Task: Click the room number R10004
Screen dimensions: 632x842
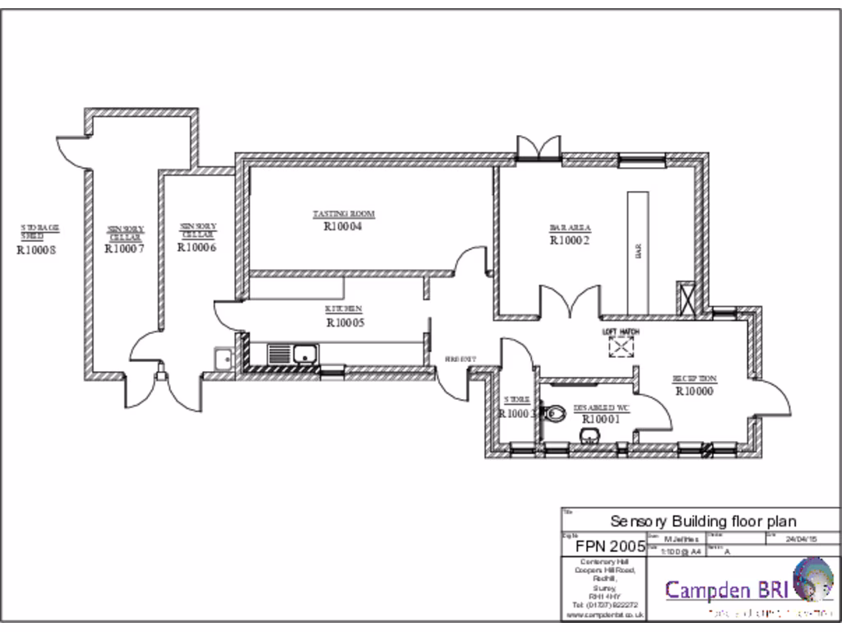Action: (x=343, y=226)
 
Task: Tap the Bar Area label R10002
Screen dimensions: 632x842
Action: (x=570, y=240)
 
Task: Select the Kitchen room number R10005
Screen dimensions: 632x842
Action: (x=345, y=323)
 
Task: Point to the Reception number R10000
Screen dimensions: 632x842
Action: (x=694, y=391)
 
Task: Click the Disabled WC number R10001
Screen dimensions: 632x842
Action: (x=600, y=419)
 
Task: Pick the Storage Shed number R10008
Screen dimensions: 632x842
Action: (x=35, y=250)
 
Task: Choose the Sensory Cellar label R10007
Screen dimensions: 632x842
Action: (x=125, y=249)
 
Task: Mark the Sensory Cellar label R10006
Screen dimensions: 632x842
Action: (x=197, y=247)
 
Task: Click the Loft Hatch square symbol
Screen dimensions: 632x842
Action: (x=621, y=347)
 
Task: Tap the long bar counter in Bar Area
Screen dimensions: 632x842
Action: (x=638, y=251)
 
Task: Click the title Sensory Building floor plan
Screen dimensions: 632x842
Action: (x=702, y=521)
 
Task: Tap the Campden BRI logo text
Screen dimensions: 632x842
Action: (x=727, y=589)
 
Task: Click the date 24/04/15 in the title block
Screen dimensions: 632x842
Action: (x=801, y=540)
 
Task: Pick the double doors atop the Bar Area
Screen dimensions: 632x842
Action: (x=539, y=148)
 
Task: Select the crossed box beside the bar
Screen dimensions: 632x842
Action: (x=685, y=299)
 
